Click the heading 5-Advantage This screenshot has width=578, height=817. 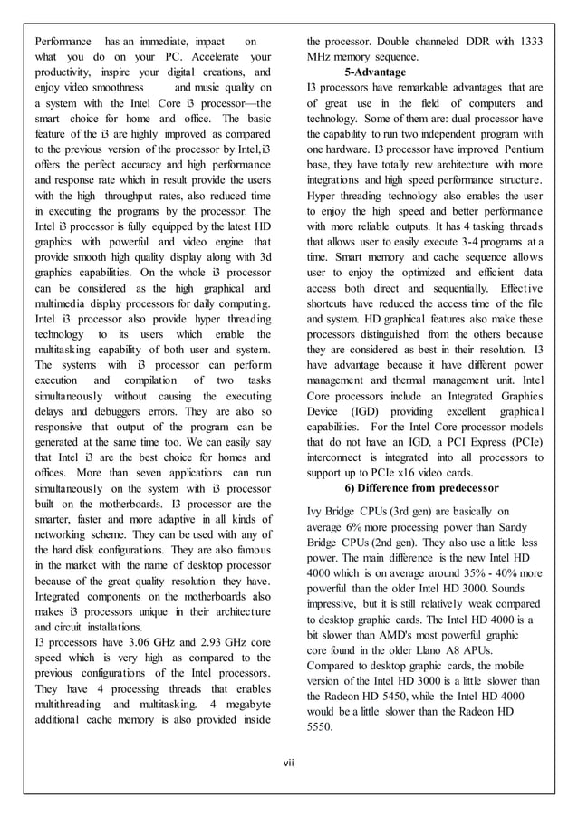tap(375, 72)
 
